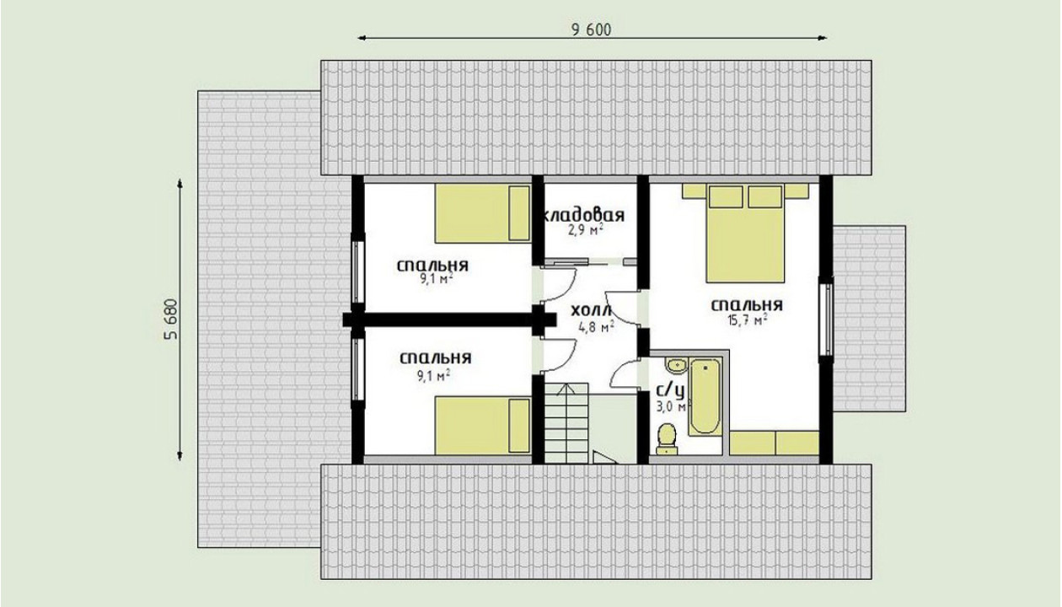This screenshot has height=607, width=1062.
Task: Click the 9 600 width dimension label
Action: (591, 30)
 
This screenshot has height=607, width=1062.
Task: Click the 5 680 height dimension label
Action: (170, 320)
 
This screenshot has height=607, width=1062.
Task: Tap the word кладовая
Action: (584, 216)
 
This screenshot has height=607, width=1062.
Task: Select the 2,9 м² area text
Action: (586, 230)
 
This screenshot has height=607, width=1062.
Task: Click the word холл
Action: (591, 310)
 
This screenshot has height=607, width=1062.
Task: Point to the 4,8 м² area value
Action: (597, 327)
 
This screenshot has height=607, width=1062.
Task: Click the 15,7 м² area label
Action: (748, 320)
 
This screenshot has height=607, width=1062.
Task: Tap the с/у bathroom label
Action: (670, 391)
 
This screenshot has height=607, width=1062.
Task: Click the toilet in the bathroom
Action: (667, 439)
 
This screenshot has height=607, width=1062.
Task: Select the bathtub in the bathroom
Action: (705, 397)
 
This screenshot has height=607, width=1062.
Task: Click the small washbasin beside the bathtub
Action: (676, 366)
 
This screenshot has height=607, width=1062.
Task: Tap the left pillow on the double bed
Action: (726, 196)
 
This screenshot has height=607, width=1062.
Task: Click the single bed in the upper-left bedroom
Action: (483, 213)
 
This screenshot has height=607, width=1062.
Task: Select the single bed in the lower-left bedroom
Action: (483, 426)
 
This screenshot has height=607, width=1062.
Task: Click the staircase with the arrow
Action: (566, 423)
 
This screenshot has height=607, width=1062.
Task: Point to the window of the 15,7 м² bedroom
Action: (826, 317)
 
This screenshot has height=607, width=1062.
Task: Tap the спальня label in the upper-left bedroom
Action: (432, 266)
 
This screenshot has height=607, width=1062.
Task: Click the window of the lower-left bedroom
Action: (358, 369)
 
